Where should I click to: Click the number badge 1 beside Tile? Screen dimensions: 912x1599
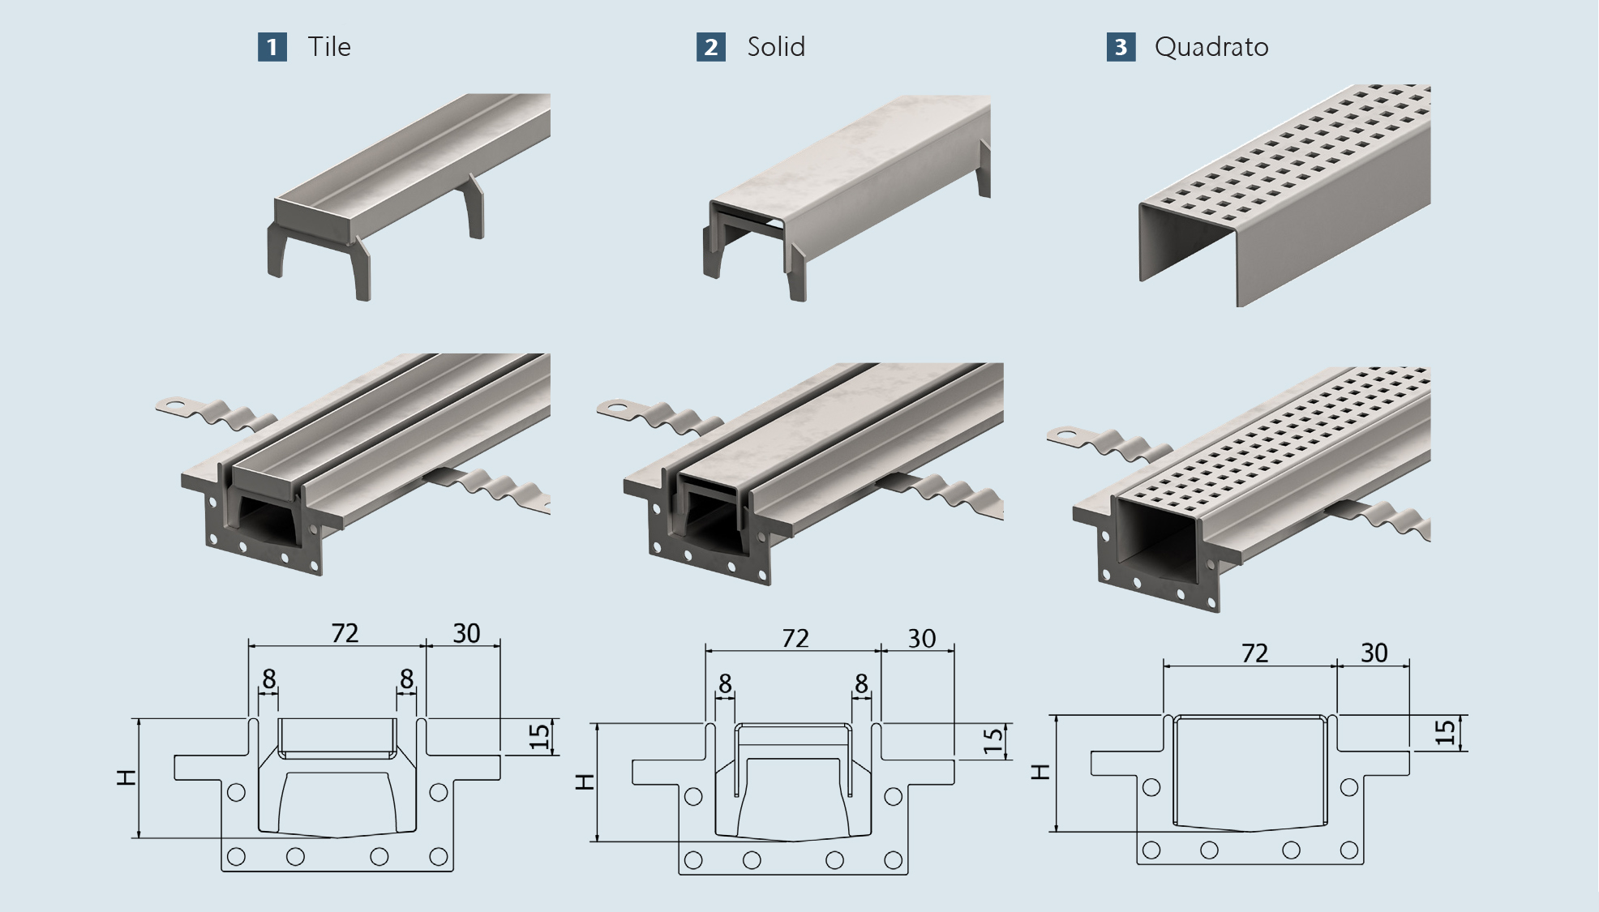[x=272, y=47]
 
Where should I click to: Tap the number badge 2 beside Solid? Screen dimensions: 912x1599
[x=711, y=47]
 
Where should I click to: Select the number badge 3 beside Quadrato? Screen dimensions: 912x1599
[x=1121, y=47]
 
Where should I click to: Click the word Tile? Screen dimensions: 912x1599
[x=329, y=47]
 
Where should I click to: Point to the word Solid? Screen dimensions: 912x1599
[x=776, y=47]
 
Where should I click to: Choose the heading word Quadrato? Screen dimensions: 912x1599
[x=1211, y=47]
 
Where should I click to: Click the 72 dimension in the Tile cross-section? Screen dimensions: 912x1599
[x=345, y=633]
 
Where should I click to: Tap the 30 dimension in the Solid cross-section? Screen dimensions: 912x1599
[x=921, y=639]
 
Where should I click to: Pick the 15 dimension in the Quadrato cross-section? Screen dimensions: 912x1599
[x=1445, y=733]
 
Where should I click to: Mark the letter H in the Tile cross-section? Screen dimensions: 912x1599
[x=126, y=777]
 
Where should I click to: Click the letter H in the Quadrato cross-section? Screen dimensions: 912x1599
[x=1043, y=772]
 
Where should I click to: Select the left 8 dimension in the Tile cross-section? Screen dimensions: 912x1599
[x=268, y=679]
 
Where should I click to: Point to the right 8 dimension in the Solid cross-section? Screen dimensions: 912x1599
[x=861, y=684]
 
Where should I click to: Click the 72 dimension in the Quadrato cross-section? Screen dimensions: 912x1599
[x=1254, y=653]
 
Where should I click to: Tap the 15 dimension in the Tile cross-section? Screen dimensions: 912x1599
[x=539, y=736]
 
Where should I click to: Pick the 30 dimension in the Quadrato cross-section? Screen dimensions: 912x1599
[x=1374, y=653]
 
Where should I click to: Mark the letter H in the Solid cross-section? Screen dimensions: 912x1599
[x=585, y=781]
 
